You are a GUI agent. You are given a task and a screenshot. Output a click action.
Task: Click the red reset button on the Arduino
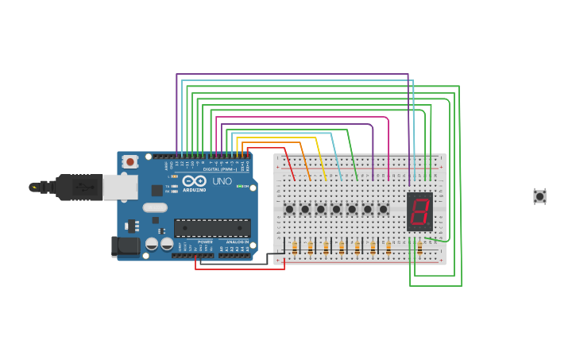130,161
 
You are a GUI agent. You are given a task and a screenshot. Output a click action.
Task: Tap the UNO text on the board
222,181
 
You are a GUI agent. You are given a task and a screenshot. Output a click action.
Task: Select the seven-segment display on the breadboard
419,211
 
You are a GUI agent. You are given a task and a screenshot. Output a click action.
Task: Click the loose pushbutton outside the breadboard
539,195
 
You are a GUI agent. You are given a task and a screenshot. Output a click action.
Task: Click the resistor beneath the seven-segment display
419,248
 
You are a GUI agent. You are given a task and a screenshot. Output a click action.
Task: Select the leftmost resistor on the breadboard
295,248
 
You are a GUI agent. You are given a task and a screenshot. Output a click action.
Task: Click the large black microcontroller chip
212,227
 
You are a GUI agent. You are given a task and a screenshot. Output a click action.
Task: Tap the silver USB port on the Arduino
119,187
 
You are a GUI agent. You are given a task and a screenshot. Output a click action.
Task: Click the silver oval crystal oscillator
155,207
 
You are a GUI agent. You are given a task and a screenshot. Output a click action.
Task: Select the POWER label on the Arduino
205,242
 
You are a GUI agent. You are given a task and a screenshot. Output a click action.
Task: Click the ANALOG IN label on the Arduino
236,242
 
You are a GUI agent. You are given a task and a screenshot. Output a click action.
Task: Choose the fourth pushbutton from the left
336,209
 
